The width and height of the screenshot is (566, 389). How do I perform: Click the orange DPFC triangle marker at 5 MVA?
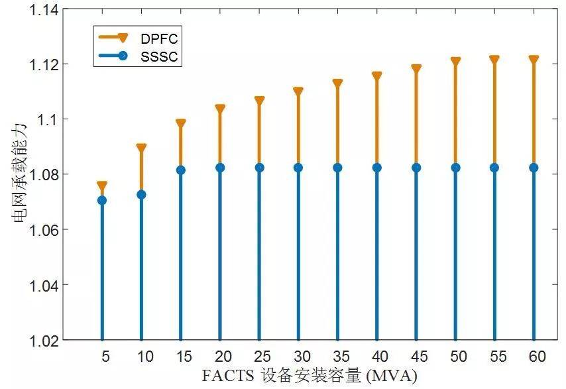tap(102, 186)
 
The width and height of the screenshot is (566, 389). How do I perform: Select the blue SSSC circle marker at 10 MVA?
tap(141, 195)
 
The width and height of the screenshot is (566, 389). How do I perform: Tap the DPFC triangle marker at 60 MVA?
tap(534, 60)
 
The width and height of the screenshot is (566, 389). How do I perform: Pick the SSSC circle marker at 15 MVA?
tap(180, 170)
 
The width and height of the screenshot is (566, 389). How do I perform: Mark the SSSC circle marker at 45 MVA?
tap(416, 168)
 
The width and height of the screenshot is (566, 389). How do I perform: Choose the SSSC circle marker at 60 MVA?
tap(534, 168)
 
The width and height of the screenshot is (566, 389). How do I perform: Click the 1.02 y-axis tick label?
tap(43, 340)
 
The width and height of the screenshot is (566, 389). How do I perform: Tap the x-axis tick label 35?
tap(338, 357)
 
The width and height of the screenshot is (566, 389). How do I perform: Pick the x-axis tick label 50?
tap(455, 357)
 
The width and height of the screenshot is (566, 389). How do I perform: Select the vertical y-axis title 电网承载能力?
tap(21, 176)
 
